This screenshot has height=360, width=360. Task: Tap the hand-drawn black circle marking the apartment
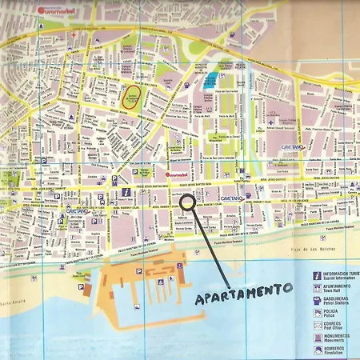pyautogui.click(x=187, y=202)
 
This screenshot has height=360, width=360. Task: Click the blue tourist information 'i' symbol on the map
pyautogui.click(x=126, y=192)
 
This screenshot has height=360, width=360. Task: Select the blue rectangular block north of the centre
pyautogui.click(x=210, y=80)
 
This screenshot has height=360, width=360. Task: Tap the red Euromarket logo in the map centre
pyautogui.click(x=175, y=174)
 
